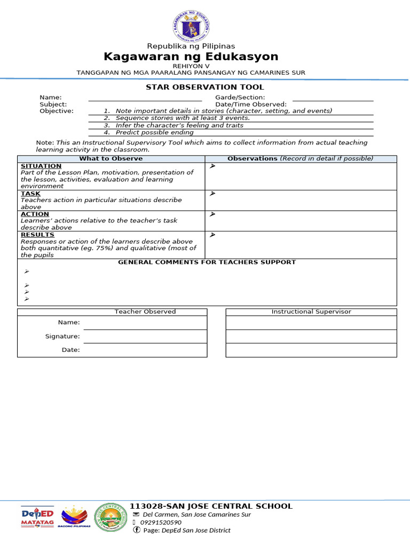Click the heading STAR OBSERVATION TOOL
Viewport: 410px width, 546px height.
(x=205, y=87)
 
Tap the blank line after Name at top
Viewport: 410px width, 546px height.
(x=145, y=98)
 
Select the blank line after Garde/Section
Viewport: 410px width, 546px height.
(x=333, y=98)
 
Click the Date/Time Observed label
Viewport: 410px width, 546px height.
(x=250, y=105)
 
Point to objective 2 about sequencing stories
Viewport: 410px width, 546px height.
(x=182, y=118)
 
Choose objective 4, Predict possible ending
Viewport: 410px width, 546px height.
(x=154, y=132)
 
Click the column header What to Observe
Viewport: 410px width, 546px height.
(x=111, y=159)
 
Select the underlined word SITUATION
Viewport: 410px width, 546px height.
(x=41, y=166)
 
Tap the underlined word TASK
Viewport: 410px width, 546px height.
(x=30, y=194)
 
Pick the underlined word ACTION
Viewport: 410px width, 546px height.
(x=35, y=214)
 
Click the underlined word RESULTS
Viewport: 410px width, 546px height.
(x=37, y=235)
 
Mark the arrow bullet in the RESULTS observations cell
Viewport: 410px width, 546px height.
(x=212, y=235)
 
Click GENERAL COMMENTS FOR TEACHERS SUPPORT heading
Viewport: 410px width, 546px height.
(x=207, y=262)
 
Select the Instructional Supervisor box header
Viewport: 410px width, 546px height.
(x=311, y=312)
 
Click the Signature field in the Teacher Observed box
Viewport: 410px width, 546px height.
(x=145, y=336)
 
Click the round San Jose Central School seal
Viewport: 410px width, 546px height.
(x=111, y=517)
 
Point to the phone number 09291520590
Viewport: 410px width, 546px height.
(x=161, y=523)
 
